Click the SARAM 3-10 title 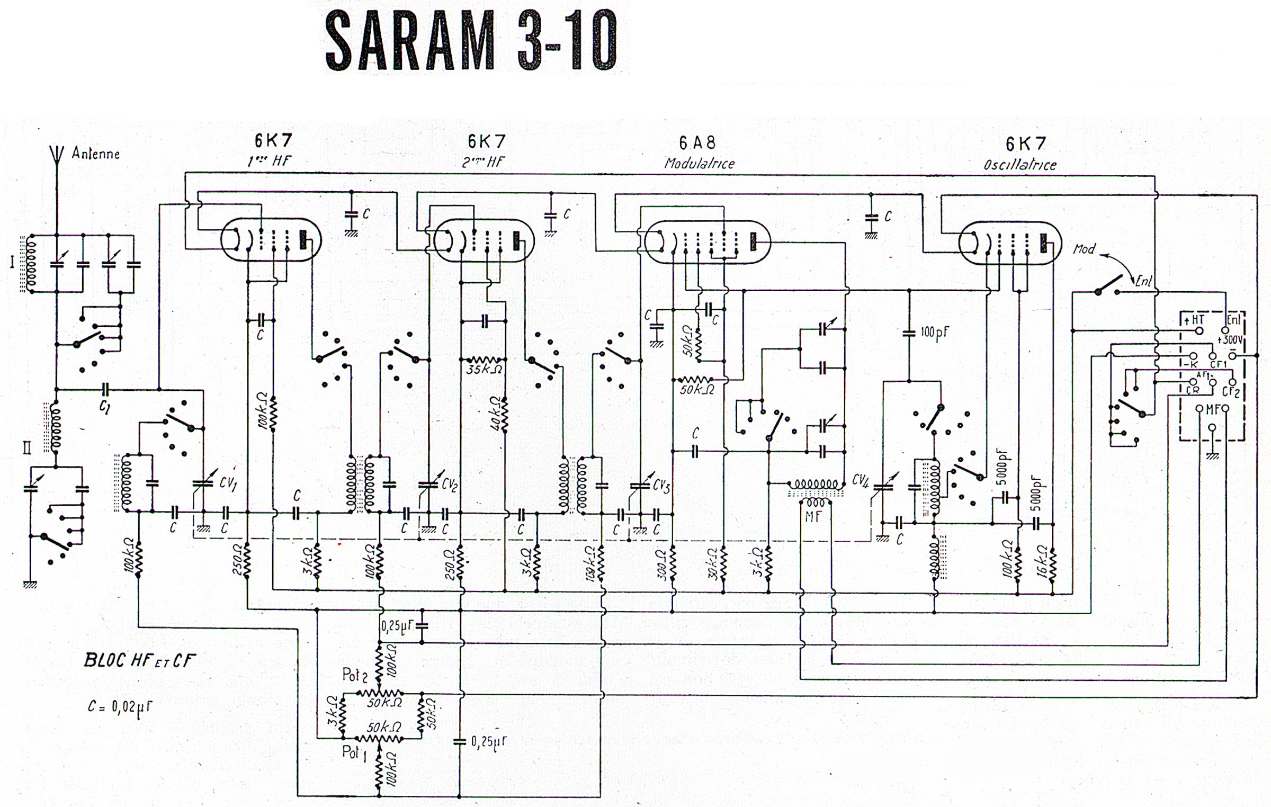[471, 41]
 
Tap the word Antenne [96, 154]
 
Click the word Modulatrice [699, 164]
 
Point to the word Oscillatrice [1019, 165]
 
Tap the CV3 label [661, 485]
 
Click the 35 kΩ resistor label [484, 369]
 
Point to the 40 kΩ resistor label [496, 414]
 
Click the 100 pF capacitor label [935, 333]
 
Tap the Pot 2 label [355, 675]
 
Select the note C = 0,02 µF [120, 707]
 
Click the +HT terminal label [1194, 320]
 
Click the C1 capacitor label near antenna [105, 407]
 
